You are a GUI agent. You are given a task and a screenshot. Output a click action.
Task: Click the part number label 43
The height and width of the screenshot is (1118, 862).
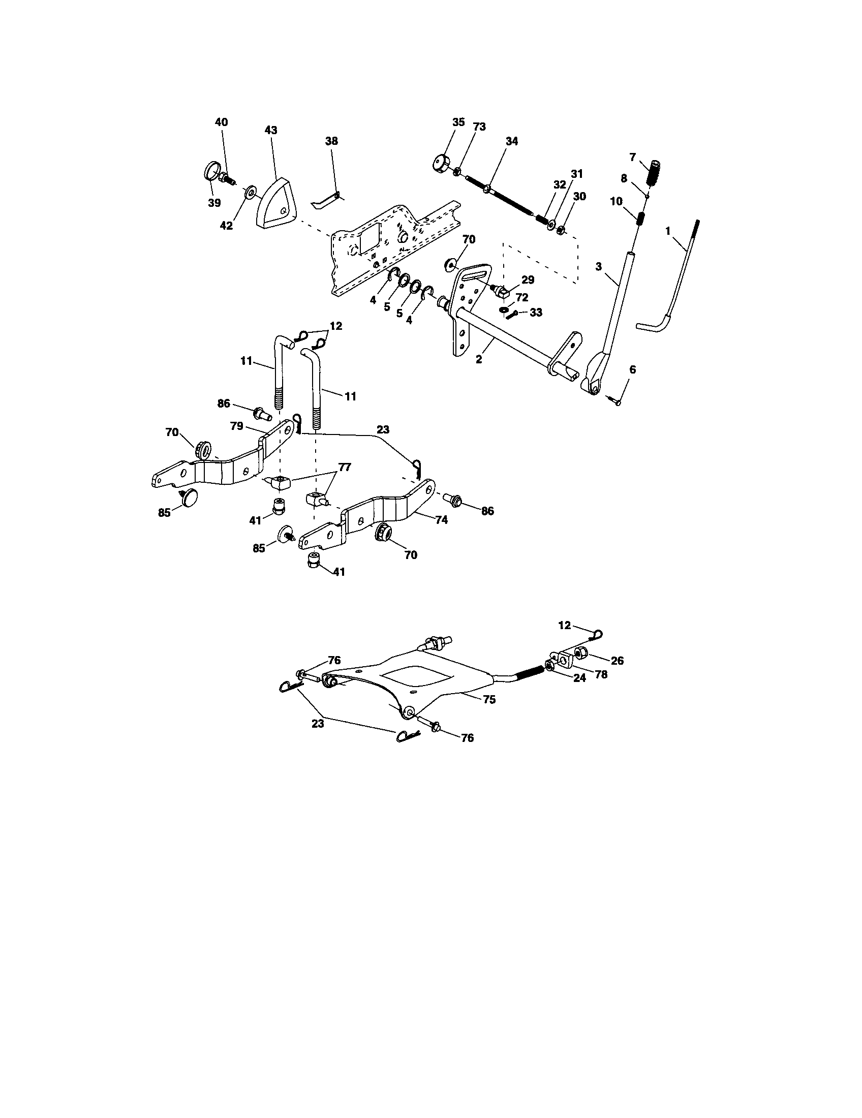point(271,130)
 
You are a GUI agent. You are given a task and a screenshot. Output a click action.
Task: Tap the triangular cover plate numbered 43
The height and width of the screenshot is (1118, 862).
point(276,203)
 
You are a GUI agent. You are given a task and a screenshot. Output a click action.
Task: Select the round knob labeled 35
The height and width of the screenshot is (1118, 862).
point(441,164)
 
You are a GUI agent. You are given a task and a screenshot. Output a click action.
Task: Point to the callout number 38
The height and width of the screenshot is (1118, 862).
point(332,141)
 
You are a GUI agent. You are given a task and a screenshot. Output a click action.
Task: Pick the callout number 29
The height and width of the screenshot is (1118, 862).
point(528,279)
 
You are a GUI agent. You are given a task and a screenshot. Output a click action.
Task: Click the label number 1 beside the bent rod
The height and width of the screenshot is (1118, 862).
point(667,231)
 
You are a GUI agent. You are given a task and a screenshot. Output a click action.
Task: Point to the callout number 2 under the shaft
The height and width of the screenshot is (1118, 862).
point(479,359)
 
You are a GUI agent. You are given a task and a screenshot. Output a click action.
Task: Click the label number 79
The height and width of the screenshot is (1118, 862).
point(236,426)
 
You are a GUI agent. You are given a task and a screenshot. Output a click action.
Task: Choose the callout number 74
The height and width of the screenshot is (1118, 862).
point(441,519)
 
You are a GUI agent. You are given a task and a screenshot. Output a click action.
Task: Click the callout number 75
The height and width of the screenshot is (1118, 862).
point(489,700)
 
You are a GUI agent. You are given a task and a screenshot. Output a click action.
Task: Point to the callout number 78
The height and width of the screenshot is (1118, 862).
point(601,675)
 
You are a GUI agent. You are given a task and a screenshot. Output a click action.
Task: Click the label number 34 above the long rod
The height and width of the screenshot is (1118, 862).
point(511,141)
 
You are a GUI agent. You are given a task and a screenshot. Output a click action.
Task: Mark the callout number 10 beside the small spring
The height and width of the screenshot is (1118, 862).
point(617,202)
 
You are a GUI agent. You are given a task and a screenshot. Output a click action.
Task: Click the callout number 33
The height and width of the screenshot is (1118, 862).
point(535,312)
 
